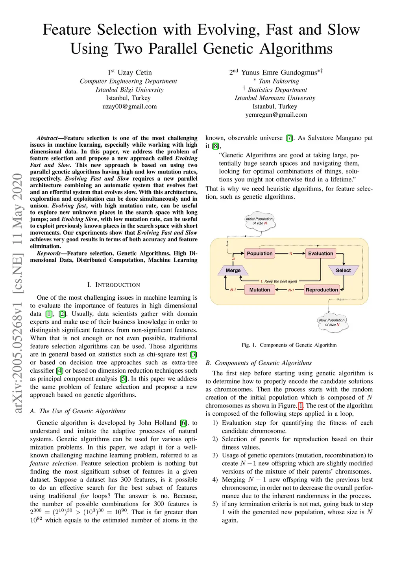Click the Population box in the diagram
coord(259,254)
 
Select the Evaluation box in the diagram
coord(320,254)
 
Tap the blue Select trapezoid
coord(343,271)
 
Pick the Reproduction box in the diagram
coord(322,290)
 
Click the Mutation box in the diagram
coord(259,290)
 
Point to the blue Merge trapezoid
coord(233,271)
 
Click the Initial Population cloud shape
coord(260,221)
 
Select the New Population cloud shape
coord(332,322)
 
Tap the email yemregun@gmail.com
coord(276,115)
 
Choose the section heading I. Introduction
coord(114,285)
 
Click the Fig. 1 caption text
coord(289,345)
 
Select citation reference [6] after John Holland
coord(183,423)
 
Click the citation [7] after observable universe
coord(289,138)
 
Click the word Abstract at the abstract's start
coord(47,138)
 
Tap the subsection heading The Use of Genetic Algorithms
coord(78,411)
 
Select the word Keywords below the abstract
coord(48,254)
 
